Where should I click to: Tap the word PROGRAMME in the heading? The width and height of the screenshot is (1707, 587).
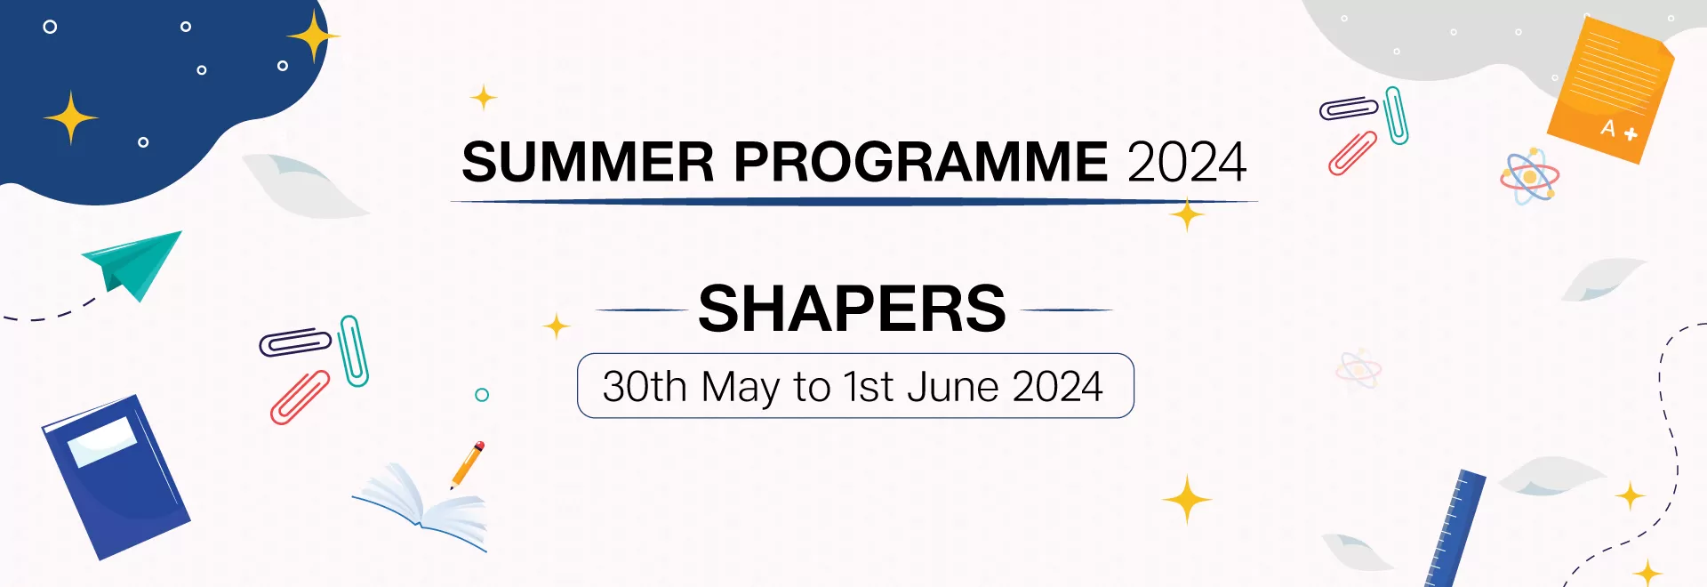click(x=920, y=162)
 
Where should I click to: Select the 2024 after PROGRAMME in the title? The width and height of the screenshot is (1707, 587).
click(x=1187, y=162)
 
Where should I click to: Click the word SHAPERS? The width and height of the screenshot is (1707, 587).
click(x=852, y=310)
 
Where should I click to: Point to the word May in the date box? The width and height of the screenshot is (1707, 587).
click(x=740, y=387)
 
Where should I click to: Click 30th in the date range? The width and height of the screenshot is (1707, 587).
click(x=645, y=387)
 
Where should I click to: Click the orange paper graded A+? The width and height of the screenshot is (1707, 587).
click(x=1611, y=89)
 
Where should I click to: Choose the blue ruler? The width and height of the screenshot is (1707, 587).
click(x=1456, y=529)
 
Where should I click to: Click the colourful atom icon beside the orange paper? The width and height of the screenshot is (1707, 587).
click(x=1529, y=176)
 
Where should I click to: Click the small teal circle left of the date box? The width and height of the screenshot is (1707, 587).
click(x=482, y=395)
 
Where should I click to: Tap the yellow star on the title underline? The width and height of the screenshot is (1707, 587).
click(x=1187, y=215)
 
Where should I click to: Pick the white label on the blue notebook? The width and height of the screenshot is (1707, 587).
click(x=102, y=441)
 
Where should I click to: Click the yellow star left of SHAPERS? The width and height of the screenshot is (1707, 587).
click(x=557, y=326)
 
